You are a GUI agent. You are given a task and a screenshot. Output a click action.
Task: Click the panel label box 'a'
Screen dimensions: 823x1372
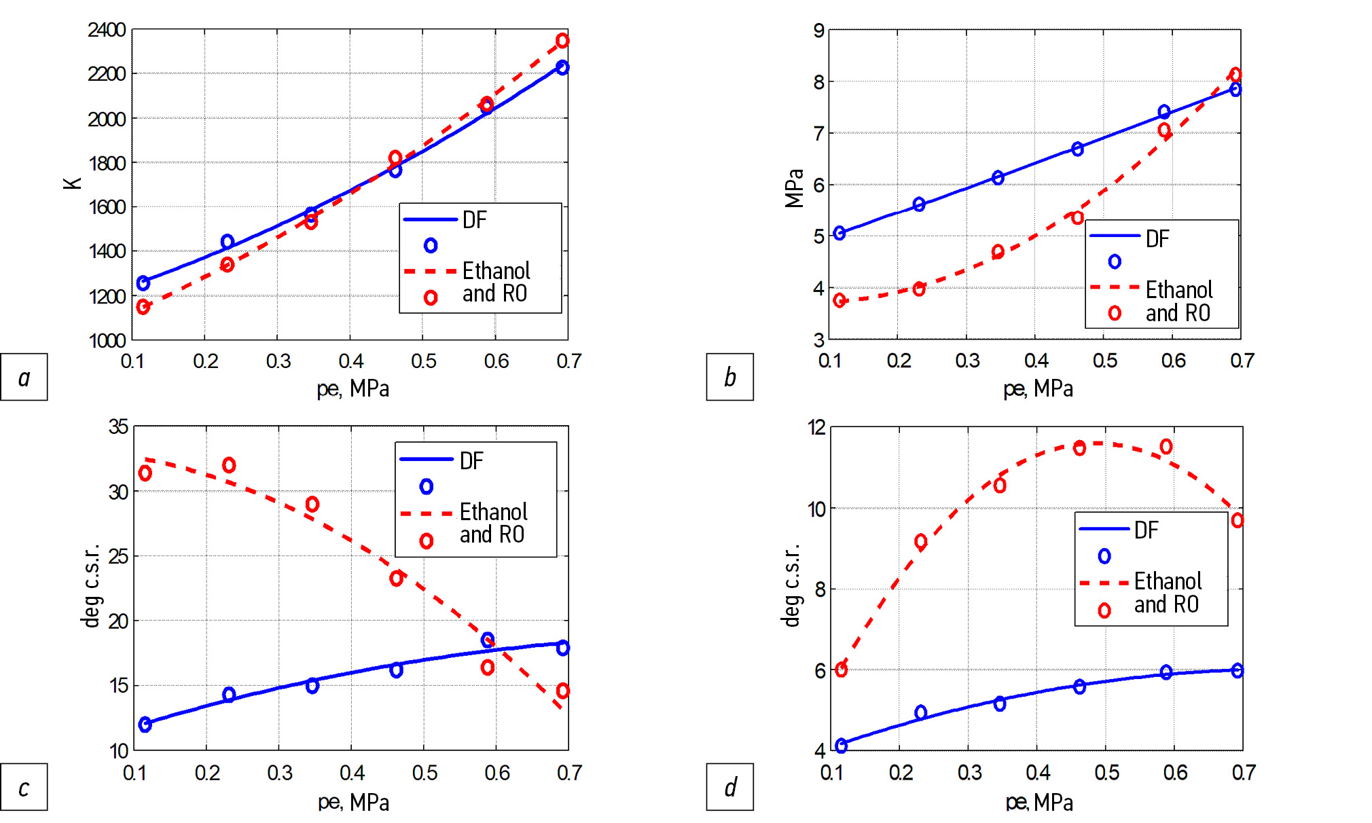click(24, 377)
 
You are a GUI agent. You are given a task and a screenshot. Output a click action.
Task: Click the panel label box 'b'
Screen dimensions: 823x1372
click(729, 377)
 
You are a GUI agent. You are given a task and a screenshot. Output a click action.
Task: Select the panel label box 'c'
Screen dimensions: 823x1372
click(24, 787)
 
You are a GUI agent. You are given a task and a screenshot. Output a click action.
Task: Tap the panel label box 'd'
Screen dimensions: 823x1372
click(729, 787)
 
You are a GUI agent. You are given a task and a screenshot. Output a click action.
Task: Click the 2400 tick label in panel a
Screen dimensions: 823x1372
click(107, 30)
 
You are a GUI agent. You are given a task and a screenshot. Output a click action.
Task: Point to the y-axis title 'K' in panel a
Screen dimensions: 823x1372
click(73, 183)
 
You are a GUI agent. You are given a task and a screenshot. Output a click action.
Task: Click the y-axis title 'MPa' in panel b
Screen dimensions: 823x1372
click(794, 187)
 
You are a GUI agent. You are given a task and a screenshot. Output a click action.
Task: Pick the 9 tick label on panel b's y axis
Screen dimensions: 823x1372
click(818, 31)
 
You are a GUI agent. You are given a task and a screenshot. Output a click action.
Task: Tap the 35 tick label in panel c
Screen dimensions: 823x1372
click(118, 426)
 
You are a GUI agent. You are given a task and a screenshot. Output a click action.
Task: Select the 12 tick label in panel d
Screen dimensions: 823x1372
click(816, 427)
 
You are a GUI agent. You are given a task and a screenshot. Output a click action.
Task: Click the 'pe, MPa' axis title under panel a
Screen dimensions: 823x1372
click(353, 388)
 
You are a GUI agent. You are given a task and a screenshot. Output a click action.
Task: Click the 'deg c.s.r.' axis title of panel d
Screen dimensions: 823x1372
click(791, 585)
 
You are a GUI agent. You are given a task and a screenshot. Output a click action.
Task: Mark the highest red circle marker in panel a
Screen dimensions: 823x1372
click(562, 41)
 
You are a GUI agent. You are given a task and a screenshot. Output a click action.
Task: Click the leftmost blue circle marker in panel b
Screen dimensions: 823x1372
click(840, 233)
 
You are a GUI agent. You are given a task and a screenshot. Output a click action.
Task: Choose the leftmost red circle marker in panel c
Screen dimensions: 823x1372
click(145, 473)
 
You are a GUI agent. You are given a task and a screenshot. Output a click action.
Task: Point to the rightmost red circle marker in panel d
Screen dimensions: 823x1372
click(1238, 521)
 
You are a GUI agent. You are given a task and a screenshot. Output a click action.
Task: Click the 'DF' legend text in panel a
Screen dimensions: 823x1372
click(474, 220)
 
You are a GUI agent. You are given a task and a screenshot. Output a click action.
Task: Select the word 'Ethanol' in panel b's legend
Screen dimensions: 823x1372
click(1178, 290)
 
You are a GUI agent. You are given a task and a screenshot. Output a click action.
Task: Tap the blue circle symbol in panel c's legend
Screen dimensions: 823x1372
click(427, 486)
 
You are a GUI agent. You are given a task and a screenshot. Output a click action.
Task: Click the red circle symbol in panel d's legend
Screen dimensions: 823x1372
click(1104, 610)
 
